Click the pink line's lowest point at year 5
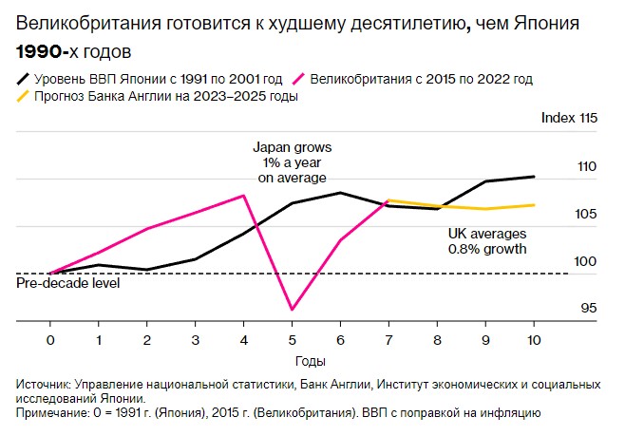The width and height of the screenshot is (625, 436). [x=292, y=310]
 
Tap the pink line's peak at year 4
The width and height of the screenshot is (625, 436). [x=244, y=195]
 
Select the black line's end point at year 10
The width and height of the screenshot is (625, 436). [x=534, y=177]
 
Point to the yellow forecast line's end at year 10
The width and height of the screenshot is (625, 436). [x=534, y=204]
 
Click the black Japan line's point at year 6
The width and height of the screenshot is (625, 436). [x=340, y=193]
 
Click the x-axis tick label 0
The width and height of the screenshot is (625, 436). [x=49, y=339]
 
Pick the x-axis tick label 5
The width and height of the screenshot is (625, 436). [x=292, y=339]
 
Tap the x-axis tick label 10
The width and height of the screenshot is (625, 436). [x=534, y=339]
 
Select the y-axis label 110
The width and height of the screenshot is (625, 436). [x=585, y=166]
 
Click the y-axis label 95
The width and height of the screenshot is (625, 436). [x=588, y=308]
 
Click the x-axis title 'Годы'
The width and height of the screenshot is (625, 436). [x=292, y=361]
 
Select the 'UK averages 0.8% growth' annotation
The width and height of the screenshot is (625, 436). [x=486, y=240]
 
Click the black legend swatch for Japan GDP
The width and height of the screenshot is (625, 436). [x=24, y=80]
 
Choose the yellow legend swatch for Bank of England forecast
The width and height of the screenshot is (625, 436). [x=24, y=96]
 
